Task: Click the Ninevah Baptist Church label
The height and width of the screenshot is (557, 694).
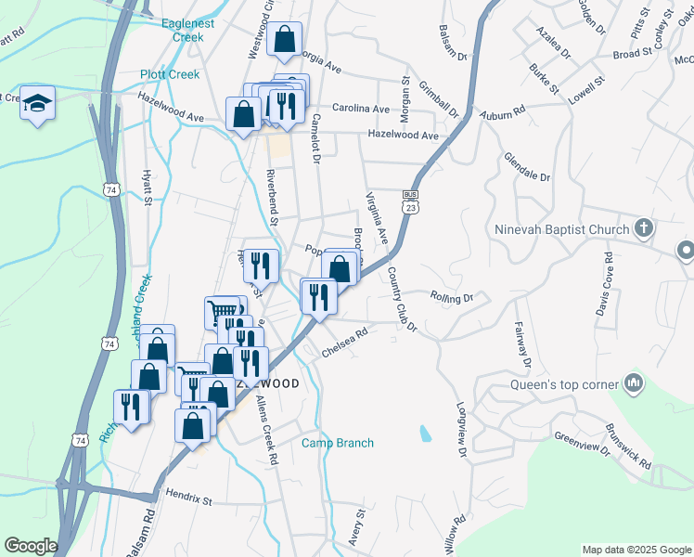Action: click(564, 228)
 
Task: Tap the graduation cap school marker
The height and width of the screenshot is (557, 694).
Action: click(37, 103)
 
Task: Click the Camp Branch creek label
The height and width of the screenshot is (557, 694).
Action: click(338, 443)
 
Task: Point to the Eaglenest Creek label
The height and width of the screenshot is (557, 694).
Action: click(195, 30)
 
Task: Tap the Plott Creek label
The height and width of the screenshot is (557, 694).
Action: click(170, 74)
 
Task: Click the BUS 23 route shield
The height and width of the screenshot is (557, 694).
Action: click(409, 201)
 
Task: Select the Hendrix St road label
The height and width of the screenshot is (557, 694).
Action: click(189, 500)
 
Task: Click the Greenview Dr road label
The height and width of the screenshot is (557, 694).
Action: click(581, 443)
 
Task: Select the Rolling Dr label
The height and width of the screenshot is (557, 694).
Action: click(452, 297)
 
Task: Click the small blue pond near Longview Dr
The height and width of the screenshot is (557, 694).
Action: click(425, 433)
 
